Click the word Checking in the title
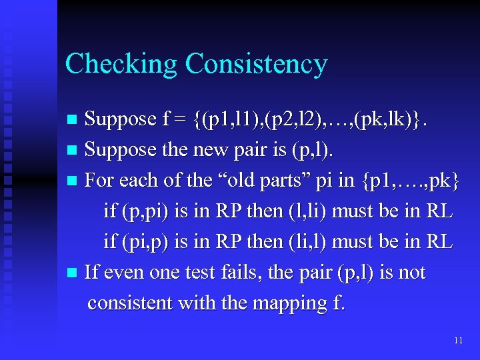coord(121,64)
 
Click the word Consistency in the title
coord(257,64)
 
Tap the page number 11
coord(457,341)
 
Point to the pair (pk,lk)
coord(391,119)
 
